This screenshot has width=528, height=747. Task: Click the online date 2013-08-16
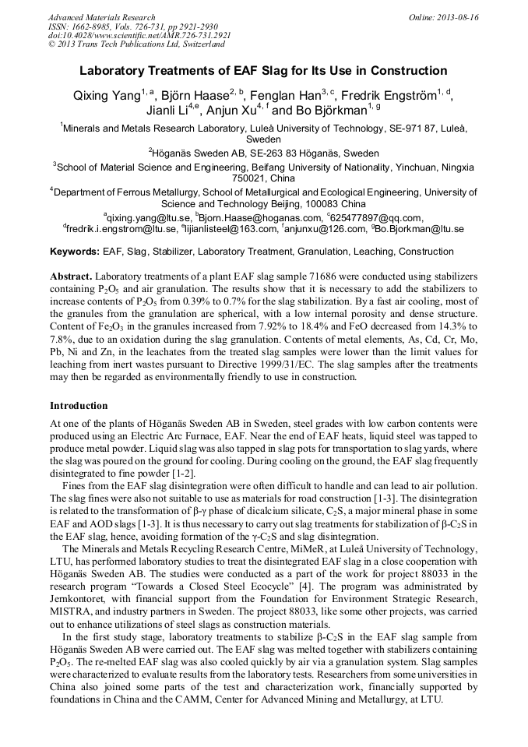tap(447, 17)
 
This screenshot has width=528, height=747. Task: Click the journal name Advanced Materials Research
tap(101, 17)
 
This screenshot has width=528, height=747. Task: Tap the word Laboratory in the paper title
tap(121, 71)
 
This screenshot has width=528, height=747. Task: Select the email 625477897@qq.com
tap(376, 217)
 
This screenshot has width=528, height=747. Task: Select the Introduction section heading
tap(79, 405)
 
